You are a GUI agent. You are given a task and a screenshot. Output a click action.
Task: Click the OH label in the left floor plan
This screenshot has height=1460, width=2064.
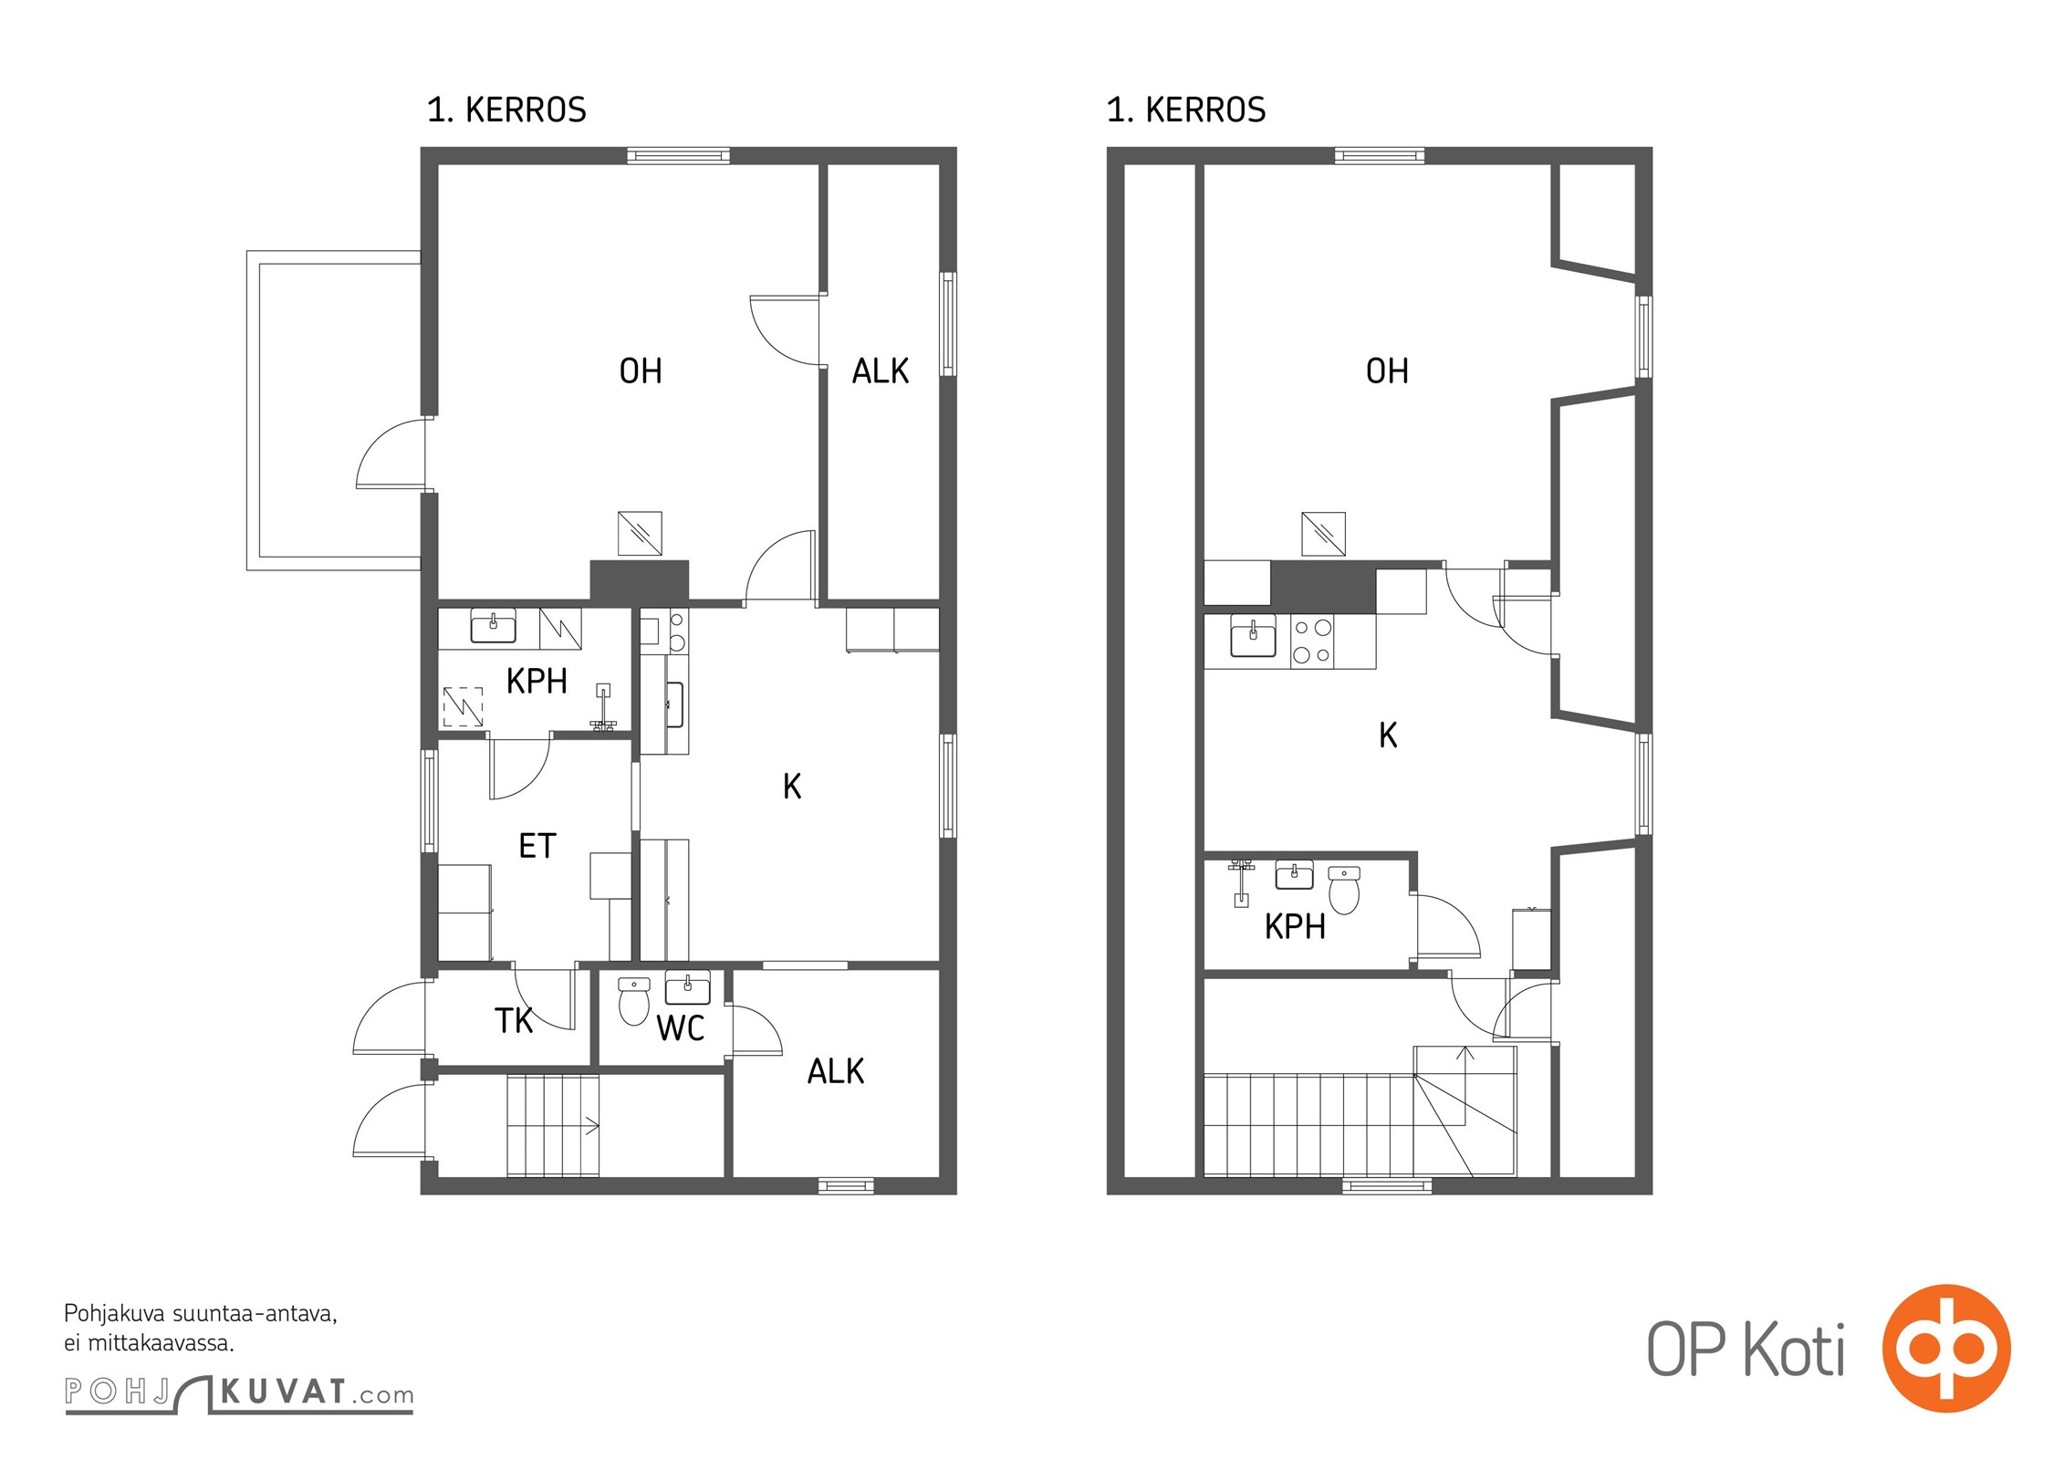[641, 371]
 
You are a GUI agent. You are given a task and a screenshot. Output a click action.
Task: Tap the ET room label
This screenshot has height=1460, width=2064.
[537, 847]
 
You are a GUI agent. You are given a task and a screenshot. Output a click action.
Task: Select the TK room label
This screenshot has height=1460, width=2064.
[514, 1020]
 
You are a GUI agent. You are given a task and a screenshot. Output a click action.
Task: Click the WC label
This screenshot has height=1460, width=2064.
[680, 1028]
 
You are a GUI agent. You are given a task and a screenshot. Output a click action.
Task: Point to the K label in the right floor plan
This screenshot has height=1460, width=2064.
[1388, 735]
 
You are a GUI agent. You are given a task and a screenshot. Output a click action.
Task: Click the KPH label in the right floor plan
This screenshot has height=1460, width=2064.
[1295, 927]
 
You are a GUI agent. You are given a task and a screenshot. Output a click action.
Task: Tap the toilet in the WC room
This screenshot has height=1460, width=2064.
[634, 1001]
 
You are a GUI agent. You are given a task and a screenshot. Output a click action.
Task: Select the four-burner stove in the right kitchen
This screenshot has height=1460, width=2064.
[1312, 641]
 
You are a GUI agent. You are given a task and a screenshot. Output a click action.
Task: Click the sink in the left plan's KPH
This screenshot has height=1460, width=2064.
[493, 627]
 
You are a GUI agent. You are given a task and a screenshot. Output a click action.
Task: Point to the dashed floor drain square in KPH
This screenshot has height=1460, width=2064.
[463, 706]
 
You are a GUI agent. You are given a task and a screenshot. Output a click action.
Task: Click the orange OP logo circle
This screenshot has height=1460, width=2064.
[1946, 1348]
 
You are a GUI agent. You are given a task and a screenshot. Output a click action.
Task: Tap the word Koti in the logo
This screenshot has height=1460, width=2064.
[1795, 1350]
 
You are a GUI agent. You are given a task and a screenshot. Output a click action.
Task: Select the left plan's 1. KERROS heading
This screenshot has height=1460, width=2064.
[506, 109]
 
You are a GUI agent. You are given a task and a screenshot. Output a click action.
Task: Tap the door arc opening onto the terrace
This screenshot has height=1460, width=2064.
[391, 454]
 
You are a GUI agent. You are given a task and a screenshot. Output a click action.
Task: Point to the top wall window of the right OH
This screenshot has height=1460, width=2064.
[1379, 156]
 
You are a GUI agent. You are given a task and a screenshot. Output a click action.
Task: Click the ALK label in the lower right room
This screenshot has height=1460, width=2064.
[835, 1071]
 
